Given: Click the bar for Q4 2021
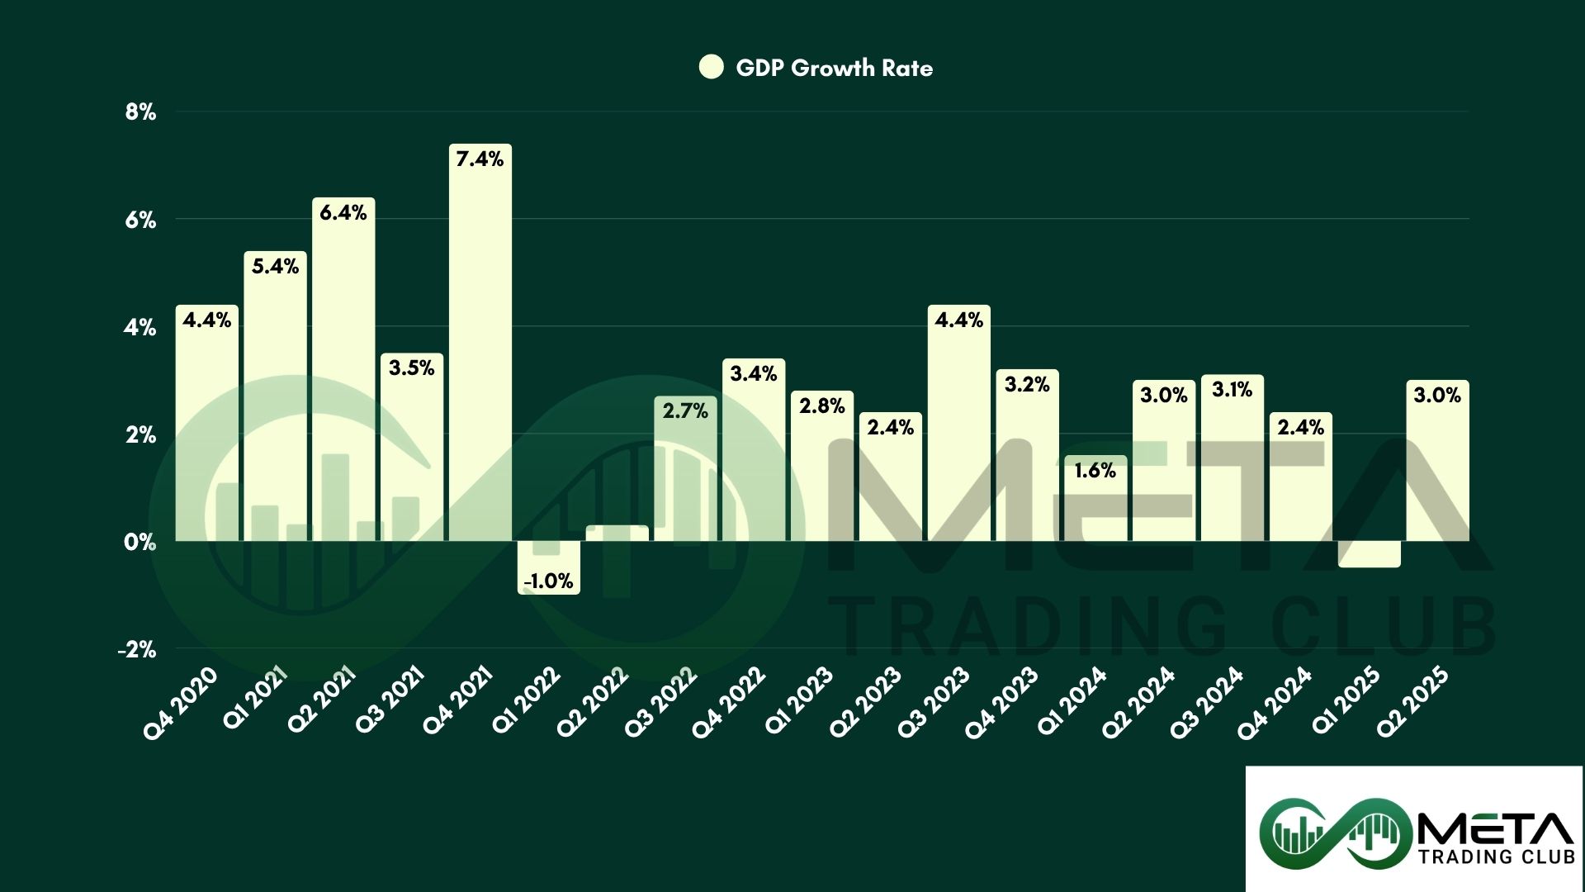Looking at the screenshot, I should point(480,347).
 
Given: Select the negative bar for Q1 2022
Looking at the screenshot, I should point(549,566).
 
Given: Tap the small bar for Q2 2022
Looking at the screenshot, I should point(617,533).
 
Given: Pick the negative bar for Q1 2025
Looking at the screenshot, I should point(1369,553).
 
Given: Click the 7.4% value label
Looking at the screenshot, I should point(480,159).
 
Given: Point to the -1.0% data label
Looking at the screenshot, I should point(549,581).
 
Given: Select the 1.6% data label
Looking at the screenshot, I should point(1095,471).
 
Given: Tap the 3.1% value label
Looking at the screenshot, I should point(1232,389).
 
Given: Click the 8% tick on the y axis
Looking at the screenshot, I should point(140,112).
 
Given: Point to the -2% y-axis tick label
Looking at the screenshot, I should point(137,649).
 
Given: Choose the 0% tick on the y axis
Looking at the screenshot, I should point(140,542).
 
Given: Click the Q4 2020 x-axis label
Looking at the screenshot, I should point(181,703).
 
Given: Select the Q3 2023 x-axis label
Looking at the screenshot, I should point(933,703).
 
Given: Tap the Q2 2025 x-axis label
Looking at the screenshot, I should point(1412,703).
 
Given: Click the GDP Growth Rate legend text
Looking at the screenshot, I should point(834,68).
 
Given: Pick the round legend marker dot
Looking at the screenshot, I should point(711,67).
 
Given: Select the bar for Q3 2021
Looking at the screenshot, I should point(412,450).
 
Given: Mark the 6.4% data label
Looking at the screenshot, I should point(343,212).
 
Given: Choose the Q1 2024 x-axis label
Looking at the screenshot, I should point(1071,703).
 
